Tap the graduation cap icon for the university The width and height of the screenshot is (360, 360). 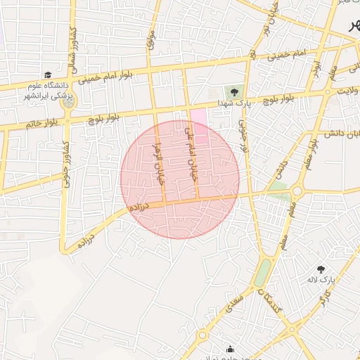48,75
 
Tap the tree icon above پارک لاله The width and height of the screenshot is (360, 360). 321,269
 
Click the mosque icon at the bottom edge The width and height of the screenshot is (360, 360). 230,349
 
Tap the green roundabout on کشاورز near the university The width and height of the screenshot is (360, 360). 67,102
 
